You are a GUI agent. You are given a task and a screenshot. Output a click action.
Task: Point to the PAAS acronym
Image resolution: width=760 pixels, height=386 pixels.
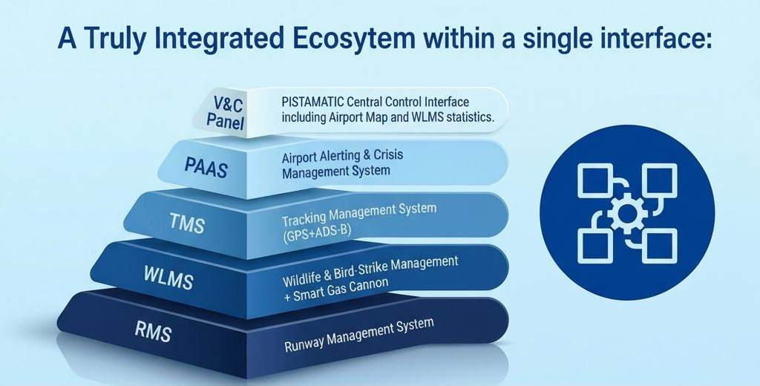[206, 168]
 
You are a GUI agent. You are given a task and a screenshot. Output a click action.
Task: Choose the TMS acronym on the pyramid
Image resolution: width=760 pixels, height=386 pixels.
[187, 223]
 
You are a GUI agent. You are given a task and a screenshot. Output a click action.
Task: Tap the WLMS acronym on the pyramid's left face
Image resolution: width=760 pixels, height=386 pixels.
[168, 278]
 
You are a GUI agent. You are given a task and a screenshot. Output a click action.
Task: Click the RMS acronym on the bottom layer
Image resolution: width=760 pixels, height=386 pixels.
[153, 332]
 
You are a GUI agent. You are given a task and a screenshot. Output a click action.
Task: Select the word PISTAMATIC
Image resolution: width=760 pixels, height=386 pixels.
[312, 102]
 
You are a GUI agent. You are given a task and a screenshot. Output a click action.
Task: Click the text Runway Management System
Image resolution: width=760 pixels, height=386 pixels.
[358, 335]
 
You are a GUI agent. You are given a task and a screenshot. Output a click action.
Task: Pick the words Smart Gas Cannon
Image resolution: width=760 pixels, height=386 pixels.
[340, 289]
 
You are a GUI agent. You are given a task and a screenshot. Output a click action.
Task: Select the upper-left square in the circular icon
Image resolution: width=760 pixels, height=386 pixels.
[595, 180]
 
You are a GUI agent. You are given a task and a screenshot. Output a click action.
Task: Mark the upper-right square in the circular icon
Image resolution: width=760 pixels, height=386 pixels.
[660, 180]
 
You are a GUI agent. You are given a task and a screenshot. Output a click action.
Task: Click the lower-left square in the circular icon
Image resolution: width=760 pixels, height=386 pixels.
[595, 246]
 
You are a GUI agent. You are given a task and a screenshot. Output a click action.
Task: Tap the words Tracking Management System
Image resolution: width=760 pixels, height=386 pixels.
[359, 215]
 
